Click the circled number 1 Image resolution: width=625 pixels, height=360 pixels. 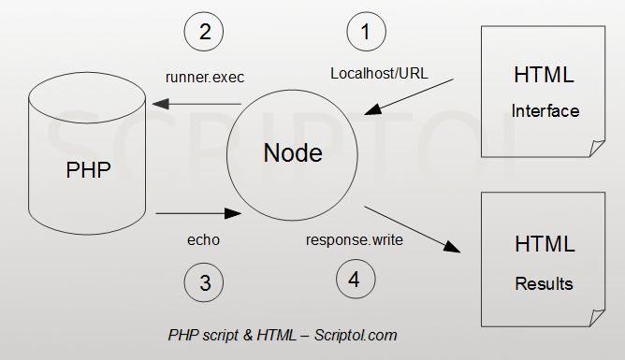coord(366,32)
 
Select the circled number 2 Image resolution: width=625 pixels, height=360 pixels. coord(204,32)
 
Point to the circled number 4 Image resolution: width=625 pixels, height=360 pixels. coord(356,279)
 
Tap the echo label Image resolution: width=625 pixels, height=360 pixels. coord(203,239)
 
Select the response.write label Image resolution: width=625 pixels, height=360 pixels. coord(355,240)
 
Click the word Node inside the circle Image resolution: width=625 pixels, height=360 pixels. coord(293,153)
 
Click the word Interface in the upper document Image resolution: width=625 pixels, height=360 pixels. coord(545,111)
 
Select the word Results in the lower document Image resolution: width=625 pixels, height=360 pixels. coord(544,283)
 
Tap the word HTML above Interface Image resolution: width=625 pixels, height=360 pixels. coord(544,75)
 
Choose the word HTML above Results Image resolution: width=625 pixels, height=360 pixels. coord(544,245)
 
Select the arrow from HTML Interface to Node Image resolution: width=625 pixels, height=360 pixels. coord(412,97)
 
